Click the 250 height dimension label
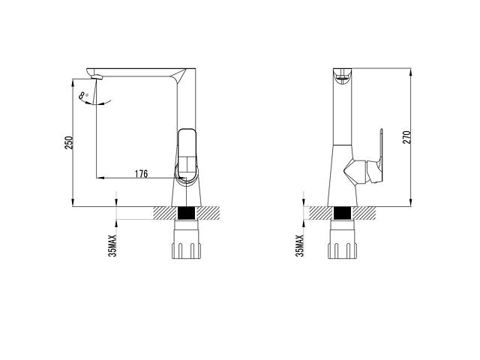(70, 142)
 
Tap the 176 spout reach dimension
(141, 174)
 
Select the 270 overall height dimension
(406, 137)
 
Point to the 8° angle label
(83, 96)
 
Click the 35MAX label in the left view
(112, 246)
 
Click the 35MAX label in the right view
(299, 246)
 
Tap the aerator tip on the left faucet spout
(97, 76)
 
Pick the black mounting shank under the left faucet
(187, 213)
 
